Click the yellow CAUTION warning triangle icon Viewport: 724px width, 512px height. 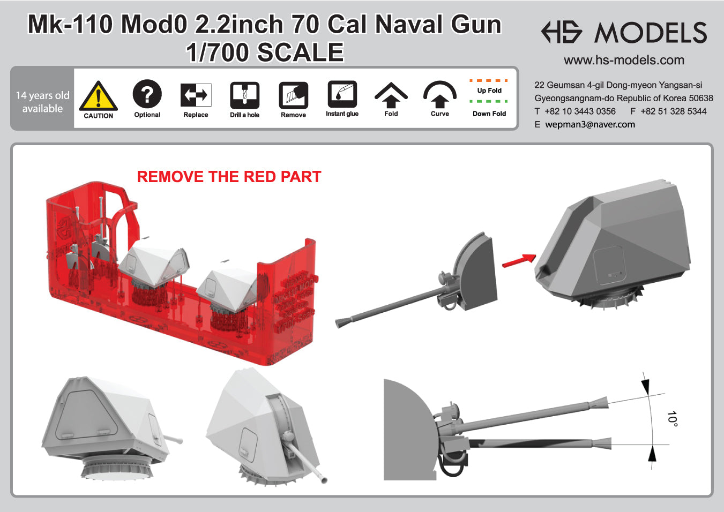tap(98, 96)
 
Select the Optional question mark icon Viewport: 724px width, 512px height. tap(147, 94)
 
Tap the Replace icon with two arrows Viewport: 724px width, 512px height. tap(196, 95)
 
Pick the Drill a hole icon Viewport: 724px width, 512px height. tap(244, 95)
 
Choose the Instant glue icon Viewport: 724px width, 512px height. tap(342, 95)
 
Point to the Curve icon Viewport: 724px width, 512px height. tap(439, 95)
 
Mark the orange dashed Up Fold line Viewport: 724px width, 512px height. tap(489, 81)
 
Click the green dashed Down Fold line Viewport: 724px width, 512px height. tap(489, 101)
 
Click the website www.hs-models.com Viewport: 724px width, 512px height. tap(624, 60)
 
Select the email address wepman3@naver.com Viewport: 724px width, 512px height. tap(590, 124)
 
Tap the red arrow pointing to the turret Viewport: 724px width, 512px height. tap(519, 260)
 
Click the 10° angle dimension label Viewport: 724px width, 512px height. tap(672, 418)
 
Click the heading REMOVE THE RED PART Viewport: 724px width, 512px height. tap(229, 177)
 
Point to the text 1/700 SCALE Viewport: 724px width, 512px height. tap(265, 52)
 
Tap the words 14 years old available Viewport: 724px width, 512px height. tap(42, 102)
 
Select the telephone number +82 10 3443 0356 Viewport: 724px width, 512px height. tap(580, 111)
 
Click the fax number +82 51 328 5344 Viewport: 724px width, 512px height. tap(673, 111)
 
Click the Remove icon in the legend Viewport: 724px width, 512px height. tap(293, 95)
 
